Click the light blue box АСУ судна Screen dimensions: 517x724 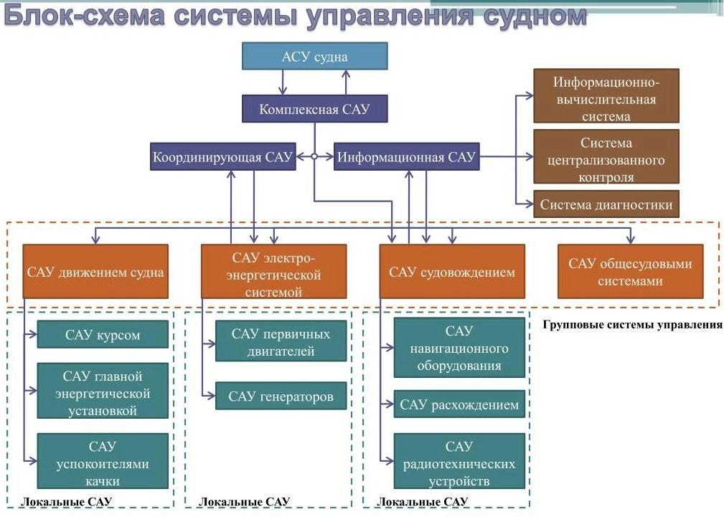[315, 56]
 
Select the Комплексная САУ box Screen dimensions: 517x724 [315, 110]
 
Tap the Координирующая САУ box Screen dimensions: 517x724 [222, 157]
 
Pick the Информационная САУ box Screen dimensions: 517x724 [407, 157]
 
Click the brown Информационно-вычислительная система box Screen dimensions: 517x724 [606, 96]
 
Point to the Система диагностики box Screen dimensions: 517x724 [606, 204]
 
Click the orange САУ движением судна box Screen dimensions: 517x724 [95, 272]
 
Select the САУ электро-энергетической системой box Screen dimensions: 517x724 [273, 272]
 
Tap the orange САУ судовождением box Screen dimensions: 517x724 [452, 272]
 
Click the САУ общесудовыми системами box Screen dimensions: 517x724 [630, 272]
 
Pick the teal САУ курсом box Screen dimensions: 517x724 [103, 334]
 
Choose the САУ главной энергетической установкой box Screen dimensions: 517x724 [103, 394]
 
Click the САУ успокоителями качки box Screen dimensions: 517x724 [103, 463]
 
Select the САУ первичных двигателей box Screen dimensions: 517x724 [281, 342]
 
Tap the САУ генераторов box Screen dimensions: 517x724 [281, 396]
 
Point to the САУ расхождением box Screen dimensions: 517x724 [459, 404]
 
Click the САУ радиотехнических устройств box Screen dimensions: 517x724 [459, 463]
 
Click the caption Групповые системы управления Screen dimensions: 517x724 [632, 324]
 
